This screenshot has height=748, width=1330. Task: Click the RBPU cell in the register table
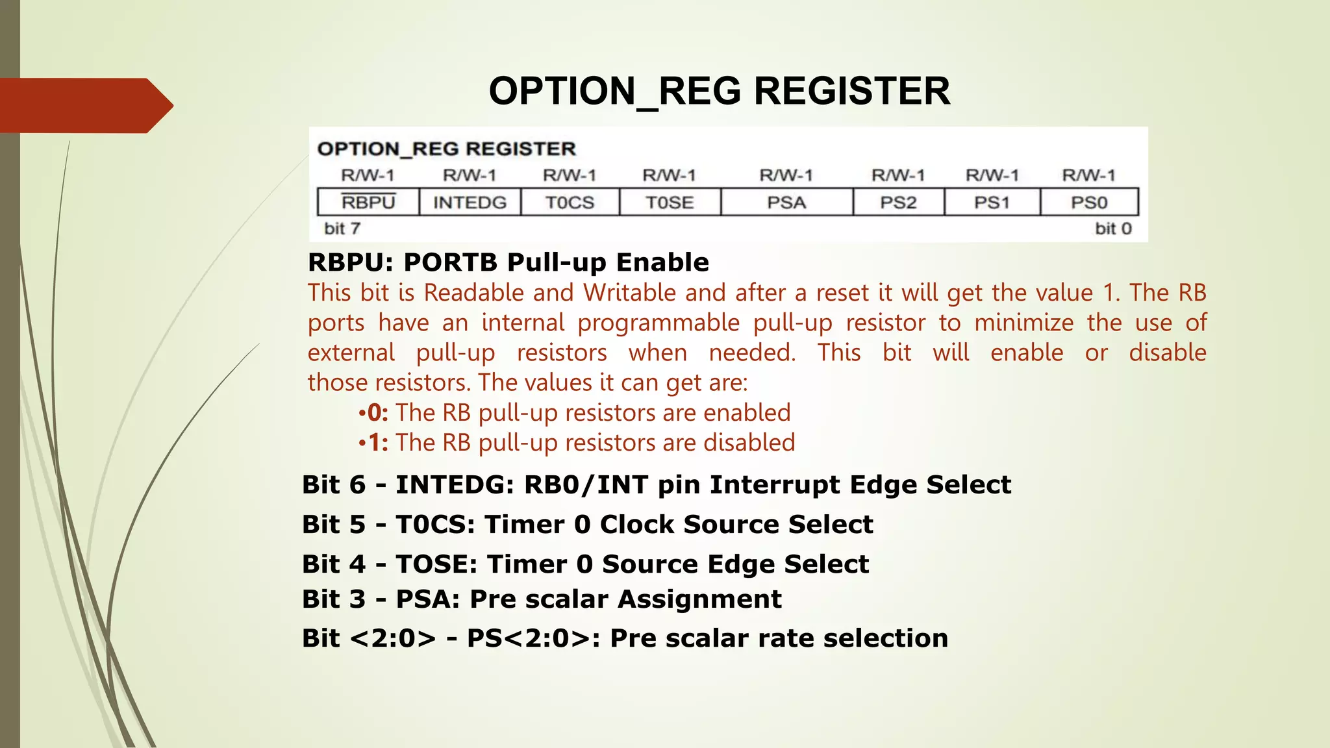click(x=368, y=203)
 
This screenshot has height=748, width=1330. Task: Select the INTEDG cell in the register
click(x=470, y=203)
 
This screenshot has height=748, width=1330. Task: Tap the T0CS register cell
click(x=570, y=203)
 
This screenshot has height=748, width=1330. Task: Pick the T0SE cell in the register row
click(x=670, y=203)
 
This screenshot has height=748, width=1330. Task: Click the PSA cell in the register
click(x=786, y=203)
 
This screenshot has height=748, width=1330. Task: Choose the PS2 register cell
click(x=898, y=203)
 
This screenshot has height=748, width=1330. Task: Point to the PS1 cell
click(x=992, y=203)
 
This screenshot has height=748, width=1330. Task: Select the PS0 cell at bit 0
click(x=1089, y=203)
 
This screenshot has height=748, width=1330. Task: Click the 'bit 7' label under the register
click(x=342, y=229)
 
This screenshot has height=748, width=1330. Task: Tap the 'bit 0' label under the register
click(x=1113, y=229)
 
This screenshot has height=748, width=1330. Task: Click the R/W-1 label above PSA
click(x=786, y=175)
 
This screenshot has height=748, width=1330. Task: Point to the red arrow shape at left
click(x=84, y=105)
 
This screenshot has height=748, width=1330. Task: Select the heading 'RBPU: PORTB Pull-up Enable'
click(x=508, y=262)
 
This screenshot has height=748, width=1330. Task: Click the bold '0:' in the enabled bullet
click(x=377, y=413)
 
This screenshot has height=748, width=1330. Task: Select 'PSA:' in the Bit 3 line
click(x=428, y=599)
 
